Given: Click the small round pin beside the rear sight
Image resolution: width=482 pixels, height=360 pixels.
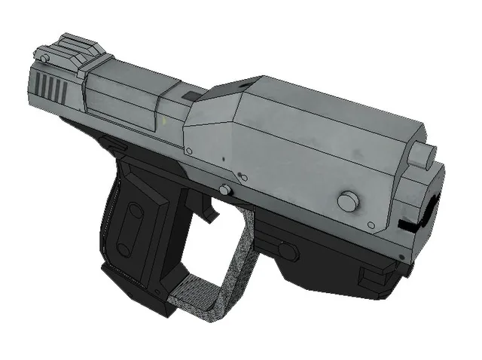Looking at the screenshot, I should [46, 58].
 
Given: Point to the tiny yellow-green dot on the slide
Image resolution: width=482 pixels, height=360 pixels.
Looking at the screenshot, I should [163, 121].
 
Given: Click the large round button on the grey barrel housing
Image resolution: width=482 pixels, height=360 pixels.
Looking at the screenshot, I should [347, 202].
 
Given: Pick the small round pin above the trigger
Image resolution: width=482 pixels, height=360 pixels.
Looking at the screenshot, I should [224, 189].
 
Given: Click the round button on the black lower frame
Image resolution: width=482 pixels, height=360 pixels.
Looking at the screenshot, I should [286, 251].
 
